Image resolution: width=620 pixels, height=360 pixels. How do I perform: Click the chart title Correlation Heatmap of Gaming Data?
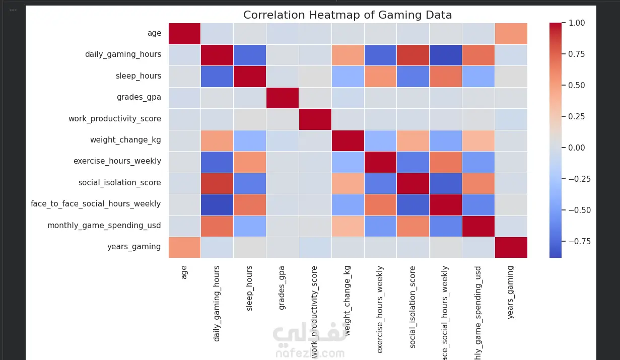(348, 15)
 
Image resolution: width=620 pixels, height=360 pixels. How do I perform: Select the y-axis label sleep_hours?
(139, 76)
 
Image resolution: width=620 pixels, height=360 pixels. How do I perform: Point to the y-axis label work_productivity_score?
(115, 119)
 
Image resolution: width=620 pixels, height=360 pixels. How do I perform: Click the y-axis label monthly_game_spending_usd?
(104, 226)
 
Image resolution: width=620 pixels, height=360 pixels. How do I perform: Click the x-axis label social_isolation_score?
(413, 307)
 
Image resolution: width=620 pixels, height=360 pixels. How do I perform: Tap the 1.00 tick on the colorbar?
(577, 23)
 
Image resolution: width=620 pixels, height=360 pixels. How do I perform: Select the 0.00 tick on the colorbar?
(577, 148)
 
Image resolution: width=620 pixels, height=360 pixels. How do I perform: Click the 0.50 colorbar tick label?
(577, 86)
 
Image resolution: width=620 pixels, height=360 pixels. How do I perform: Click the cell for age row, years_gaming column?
(511, 34)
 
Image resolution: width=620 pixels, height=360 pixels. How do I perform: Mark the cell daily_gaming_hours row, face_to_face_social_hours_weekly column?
(446, 55)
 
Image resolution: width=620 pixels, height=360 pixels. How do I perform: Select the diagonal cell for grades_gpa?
(282, 97)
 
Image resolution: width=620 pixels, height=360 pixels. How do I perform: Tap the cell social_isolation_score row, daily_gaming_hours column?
(217, 183)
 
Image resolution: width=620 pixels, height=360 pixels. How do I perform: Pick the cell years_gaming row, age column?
(184, 247)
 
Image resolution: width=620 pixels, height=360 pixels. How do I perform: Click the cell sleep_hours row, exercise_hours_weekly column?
(380, 76)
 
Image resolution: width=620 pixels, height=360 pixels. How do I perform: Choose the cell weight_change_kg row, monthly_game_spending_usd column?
(478, 140)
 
